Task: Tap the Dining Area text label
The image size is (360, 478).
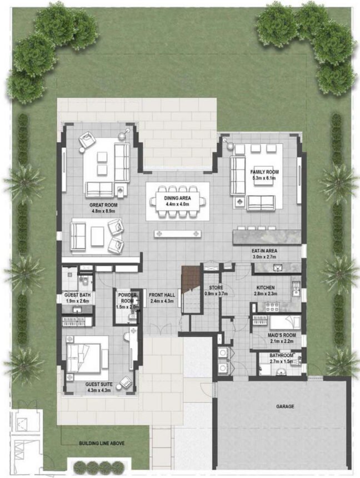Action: tap(178, 198)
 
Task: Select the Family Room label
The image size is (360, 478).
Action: tap(264, 172)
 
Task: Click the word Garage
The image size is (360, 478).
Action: tap(285, 406)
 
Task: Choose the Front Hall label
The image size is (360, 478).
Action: tap(162, 295)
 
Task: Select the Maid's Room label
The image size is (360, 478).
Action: tap(277, 336)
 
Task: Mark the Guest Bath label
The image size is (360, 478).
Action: tap(77, 295)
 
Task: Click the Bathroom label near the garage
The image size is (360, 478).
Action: tap(282, 355)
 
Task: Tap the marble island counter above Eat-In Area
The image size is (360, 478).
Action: tap(266, 238)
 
